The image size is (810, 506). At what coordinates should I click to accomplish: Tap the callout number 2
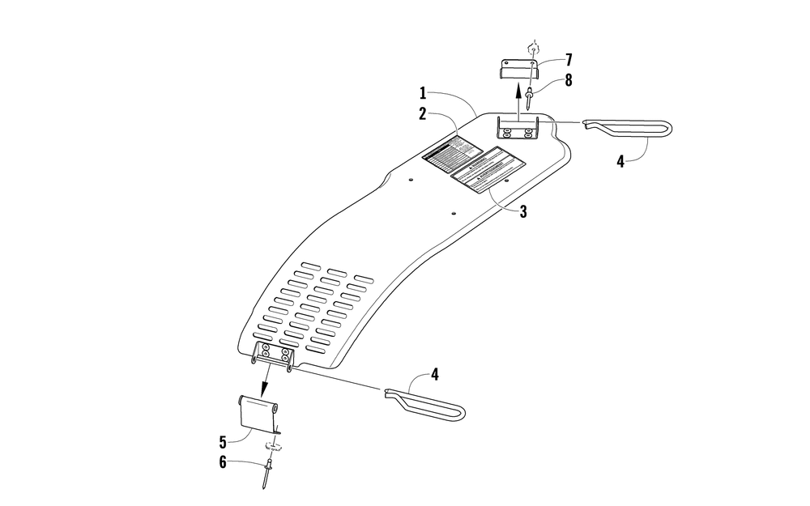(x=422, y=115)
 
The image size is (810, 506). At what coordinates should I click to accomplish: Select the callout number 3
(x=523, y=212)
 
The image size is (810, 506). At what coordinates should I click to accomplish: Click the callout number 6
(x=223, y=463)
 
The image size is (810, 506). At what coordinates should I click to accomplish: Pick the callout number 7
(x=568, y=60)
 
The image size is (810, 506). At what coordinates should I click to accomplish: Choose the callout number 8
(x=568, y=80)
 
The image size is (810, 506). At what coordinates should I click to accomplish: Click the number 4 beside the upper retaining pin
(x=620, y=161)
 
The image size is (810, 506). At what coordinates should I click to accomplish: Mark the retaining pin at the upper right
(x=628, y=128)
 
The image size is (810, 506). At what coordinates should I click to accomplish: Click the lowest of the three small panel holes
(x=454, y=214)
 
